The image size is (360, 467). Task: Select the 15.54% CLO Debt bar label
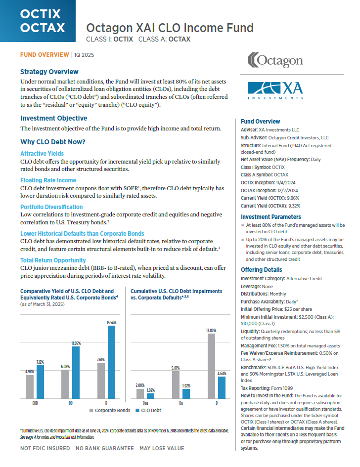[111, 322]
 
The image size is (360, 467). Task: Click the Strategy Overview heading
[49, 72]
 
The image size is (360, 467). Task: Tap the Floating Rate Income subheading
[48, 180]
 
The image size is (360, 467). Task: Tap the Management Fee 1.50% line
[290, 345]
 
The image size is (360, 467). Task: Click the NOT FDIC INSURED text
[45, 448]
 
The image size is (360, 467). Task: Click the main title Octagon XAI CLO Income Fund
[170, 28]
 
